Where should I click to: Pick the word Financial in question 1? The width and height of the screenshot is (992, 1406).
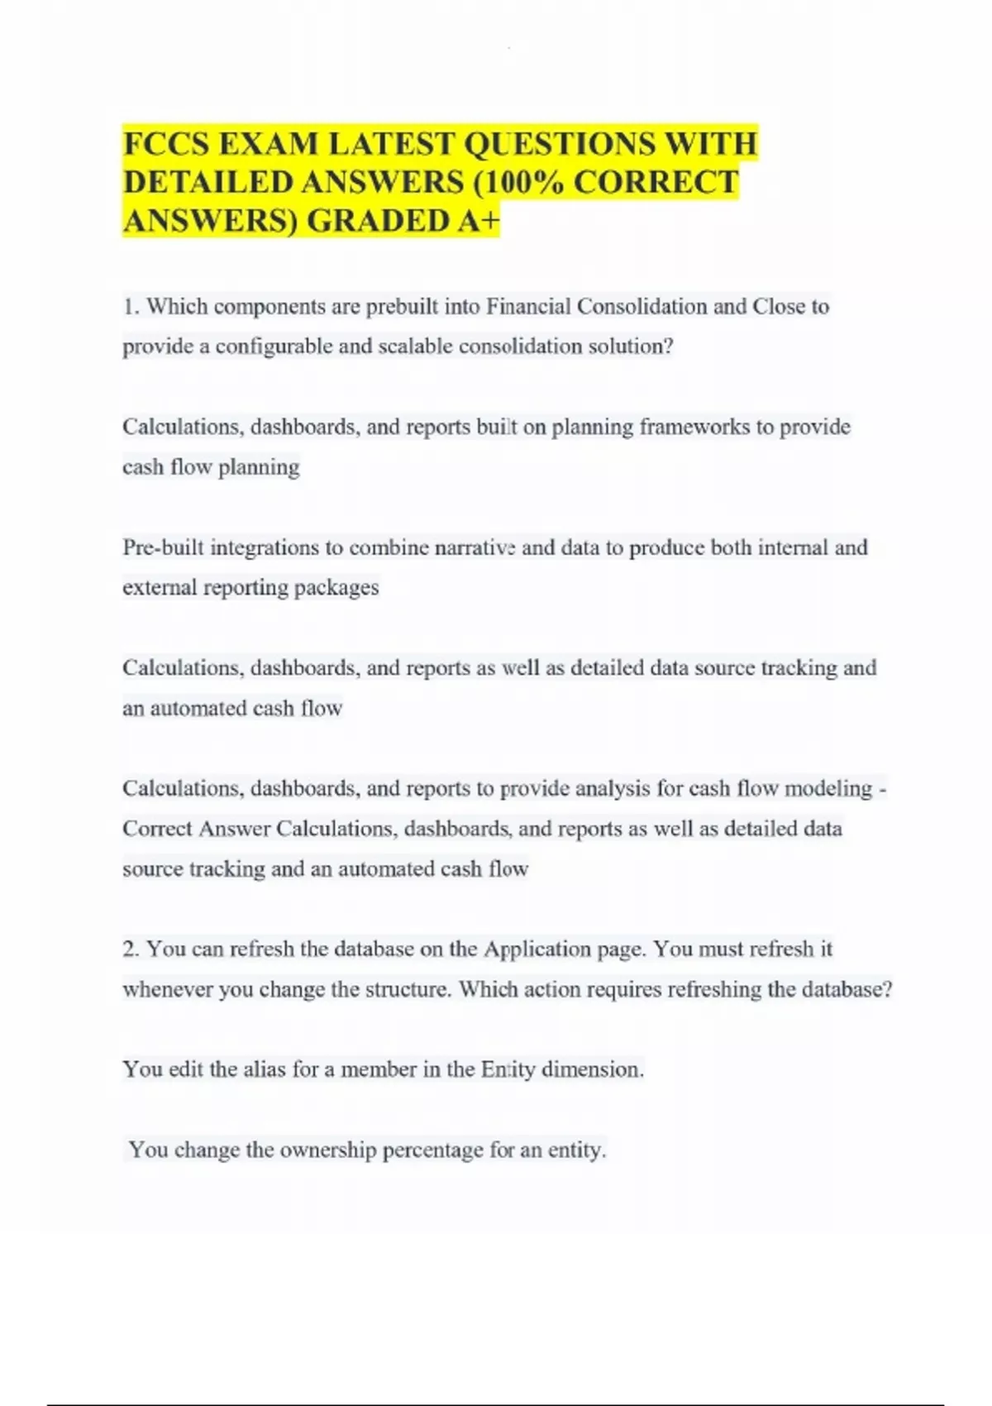527,307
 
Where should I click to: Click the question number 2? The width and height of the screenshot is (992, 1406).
131,949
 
